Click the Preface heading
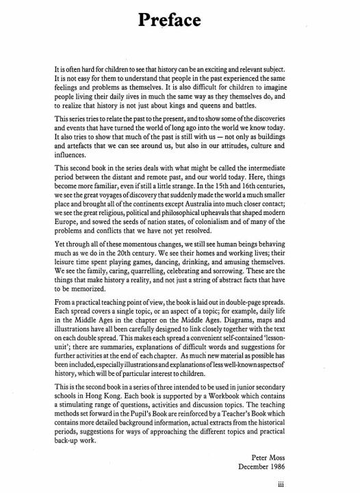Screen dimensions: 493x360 coord(179,21)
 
